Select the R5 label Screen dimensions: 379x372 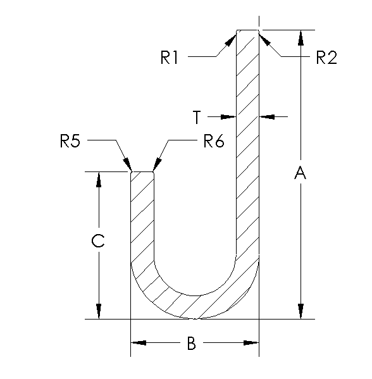pos(70,141)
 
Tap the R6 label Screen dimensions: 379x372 pos(214,141)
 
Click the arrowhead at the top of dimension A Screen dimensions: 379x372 pos(301,37)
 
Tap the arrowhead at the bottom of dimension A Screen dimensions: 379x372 pos(301,311)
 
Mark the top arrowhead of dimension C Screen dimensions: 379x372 pos(98,179)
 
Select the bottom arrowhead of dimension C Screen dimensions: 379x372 pos(98,311)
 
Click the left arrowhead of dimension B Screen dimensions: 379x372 pos(138,343)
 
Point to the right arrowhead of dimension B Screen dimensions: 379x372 pos(251,343)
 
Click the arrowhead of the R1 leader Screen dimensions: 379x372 pos(231,40)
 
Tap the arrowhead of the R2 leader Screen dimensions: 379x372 pos(264,40)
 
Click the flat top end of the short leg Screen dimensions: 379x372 pos(142,171)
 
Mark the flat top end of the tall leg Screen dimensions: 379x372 pos(248,29)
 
